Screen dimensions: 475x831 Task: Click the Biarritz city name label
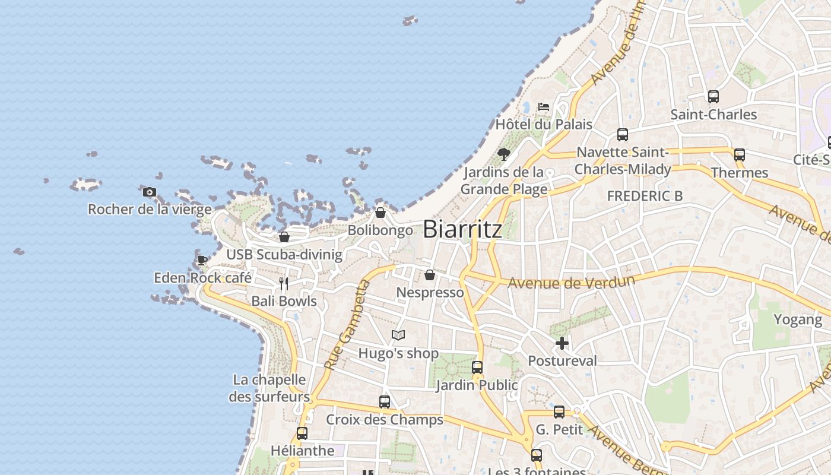pos(462,229)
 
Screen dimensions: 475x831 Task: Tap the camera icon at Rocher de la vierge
pos(150,192)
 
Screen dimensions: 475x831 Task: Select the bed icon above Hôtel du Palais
pos(543,107)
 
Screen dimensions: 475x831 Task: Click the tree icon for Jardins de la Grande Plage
pos(504,154)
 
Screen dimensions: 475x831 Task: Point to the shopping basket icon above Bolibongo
pos(380,213)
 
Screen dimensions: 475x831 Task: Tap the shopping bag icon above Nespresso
pos(430,275)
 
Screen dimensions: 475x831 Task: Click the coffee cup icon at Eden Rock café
pos(202,260)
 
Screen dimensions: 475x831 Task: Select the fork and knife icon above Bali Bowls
pos(284,284)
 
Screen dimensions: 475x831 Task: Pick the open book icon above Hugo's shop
pos(398,335)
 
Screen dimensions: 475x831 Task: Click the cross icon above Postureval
pos(562,343)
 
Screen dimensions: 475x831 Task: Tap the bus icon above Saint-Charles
pos(713,96)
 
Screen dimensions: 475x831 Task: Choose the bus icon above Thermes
pos(740,155)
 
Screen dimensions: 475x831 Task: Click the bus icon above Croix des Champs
pos(385,402)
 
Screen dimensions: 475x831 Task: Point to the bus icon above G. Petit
pos(559,412)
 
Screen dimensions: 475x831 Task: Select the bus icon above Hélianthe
pos(302,433)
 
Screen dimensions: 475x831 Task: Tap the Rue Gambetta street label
pos(347,325)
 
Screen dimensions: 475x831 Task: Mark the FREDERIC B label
pos(645,196)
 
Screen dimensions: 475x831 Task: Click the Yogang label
pos(797,319)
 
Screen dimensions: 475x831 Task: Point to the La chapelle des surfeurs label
pos(269,388)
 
